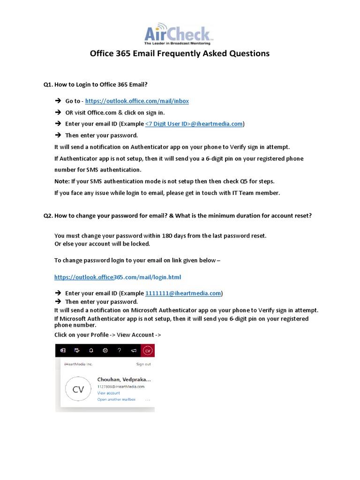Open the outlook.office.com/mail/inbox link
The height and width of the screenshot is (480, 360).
136,101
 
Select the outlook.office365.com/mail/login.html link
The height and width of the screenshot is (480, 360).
117,277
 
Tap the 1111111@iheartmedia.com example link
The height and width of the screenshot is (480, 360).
183,293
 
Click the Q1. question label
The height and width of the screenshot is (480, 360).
48,84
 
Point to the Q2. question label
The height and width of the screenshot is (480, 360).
48,216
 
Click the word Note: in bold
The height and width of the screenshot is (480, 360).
62,181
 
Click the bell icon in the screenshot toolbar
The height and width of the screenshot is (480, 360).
91,350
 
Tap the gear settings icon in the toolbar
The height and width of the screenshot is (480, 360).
105,350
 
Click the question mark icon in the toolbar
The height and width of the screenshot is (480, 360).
119,350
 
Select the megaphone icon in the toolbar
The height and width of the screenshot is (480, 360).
133,350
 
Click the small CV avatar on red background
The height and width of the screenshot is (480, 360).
148,350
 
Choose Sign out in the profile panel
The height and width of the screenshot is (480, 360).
143,364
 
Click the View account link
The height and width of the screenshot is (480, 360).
108,393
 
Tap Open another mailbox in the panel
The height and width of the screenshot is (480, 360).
116,399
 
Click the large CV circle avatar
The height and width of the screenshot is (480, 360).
78,389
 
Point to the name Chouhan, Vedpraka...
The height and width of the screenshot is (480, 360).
124,379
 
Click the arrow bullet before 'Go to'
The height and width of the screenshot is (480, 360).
58,101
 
